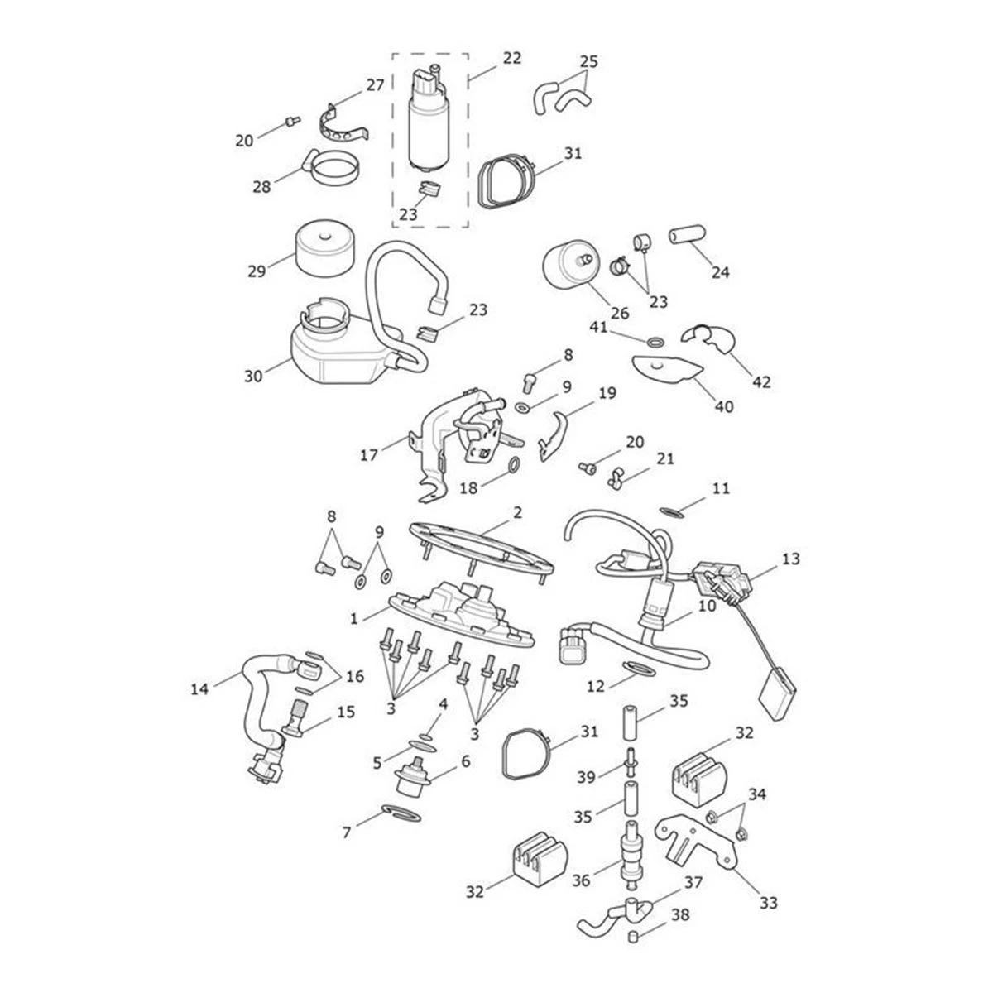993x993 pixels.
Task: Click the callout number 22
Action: click(512, 58)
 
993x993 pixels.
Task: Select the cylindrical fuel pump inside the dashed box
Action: click(427, 124)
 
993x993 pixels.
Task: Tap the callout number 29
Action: click(256, 271)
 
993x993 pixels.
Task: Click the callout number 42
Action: click(761, 382)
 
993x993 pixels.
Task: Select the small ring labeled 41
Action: click(654, 342)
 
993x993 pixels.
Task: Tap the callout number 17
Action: click(369, 454)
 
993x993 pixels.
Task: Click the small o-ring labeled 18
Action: click(513, 467)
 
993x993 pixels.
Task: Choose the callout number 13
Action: click(790, 559)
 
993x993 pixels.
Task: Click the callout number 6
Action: click(465, 760)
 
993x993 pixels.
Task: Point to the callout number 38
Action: click(680, 916)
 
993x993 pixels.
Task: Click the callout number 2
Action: click(517, 513)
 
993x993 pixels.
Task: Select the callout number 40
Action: click(724, 406)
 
